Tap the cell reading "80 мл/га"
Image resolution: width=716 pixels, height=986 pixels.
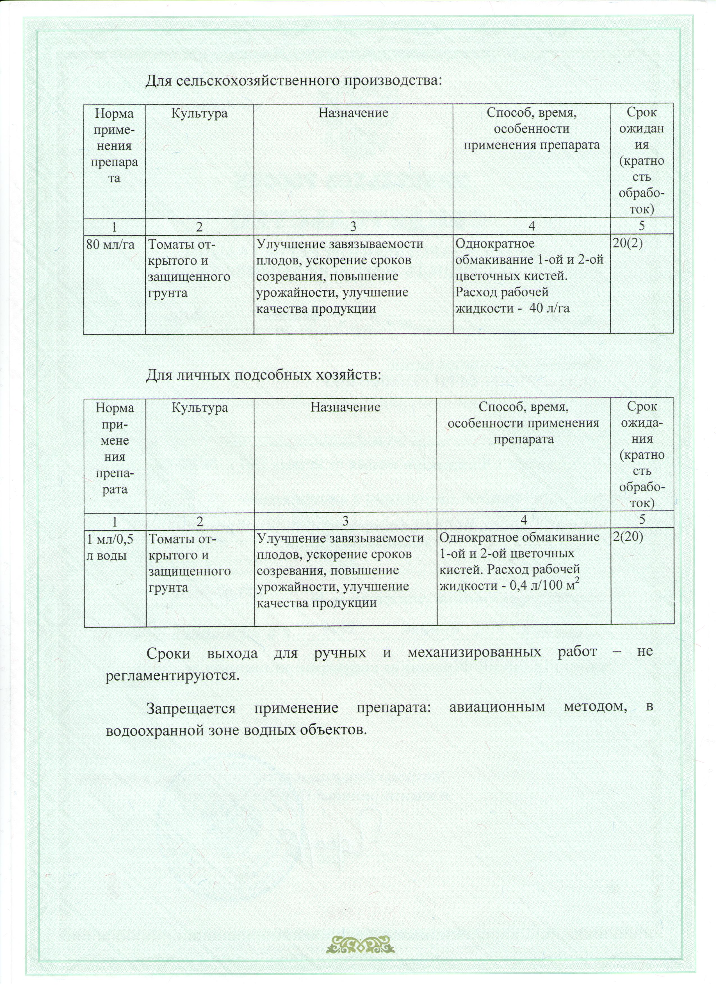click(110, 245)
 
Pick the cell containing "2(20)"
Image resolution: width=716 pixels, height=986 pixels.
click(628, 537)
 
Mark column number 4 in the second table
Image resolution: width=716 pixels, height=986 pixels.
click(524, 520)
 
